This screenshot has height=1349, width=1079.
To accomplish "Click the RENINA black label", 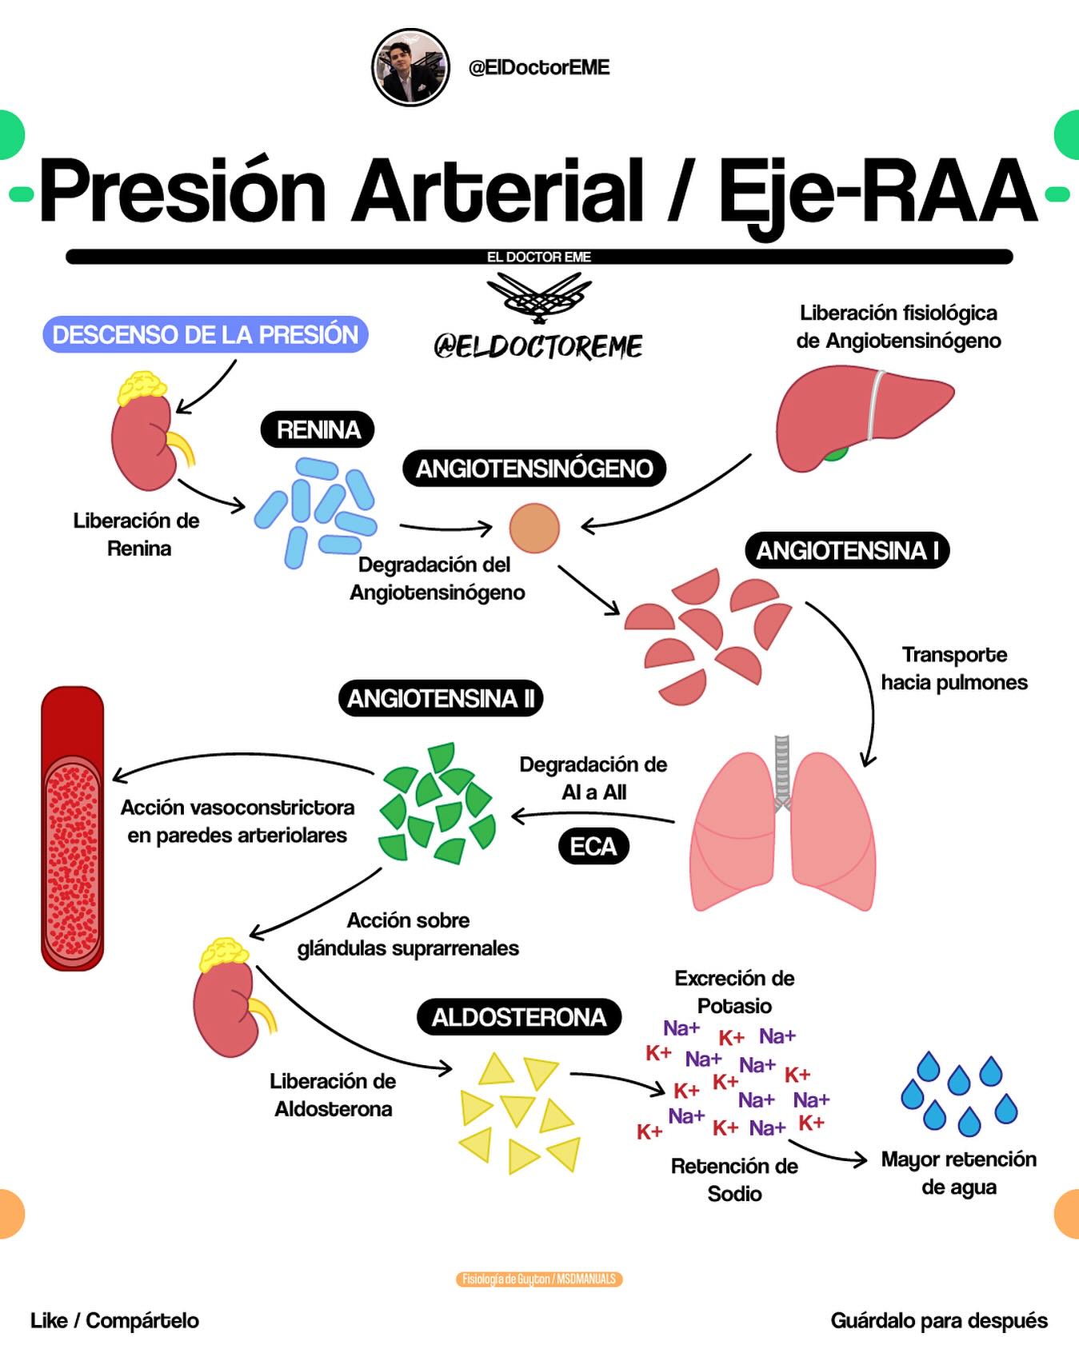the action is [318, 429].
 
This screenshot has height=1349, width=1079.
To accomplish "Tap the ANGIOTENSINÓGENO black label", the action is [534, 468].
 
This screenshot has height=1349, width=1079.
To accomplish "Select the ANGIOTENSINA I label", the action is [847, 550].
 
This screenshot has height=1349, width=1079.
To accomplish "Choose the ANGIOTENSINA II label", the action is [441, 698].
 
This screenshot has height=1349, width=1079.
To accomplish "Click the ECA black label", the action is [593, 846].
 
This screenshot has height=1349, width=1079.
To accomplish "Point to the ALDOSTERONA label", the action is [519, 1016].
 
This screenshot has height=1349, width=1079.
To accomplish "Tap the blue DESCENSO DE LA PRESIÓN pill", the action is [206, 334].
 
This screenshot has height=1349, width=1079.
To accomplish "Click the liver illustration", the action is [865, 418].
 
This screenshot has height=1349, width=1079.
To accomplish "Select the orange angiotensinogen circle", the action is [534, 528].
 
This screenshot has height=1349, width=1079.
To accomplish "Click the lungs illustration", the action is [783, 824].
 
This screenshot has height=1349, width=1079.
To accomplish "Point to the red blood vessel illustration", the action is [73, 828].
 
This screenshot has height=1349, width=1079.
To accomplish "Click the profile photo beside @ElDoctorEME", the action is [411, 68].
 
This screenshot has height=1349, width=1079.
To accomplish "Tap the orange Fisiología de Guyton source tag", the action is [539, 1279].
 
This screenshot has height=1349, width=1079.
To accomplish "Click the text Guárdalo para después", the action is [939, 1320].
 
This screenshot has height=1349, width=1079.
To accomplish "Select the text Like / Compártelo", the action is [114, 1320].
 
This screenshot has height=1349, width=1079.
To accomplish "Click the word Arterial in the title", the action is [498, 190].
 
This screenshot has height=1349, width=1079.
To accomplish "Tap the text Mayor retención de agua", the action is [958, 1173].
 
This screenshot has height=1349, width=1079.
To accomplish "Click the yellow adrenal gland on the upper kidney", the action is [142, 388].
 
